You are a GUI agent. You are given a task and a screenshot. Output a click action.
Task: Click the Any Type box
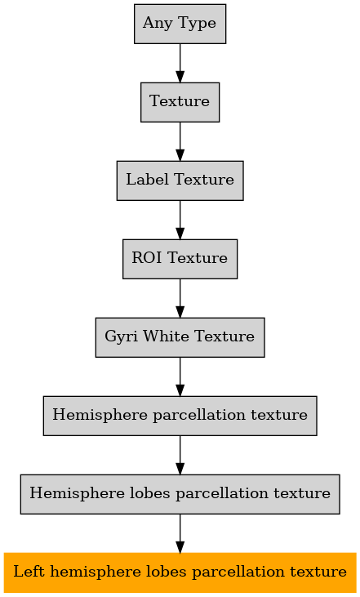tap(180, 24)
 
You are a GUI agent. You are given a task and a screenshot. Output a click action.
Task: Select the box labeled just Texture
tap(180, 102)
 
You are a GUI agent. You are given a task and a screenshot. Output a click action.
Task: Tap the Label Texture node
tap(180, 180)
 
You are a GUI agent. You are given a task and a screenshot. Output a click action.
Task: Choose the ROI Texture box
tap(180, 259)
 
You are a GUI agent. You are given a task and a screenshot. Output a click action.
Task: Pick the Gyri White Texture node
tap(180, 337)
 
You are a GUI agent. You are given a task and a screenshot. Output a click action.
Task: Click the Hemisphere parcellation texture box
tap(180, 416)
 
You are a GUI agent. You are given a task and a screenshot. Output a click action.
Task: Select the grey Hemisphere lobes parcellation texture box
tap(180, 494)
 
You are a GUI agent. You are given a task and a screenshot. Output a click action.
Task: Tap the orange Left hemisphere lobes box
tap(180, 572)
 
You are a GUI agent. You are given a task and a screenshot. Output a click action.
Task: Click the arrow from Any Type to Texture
tap(180, 63)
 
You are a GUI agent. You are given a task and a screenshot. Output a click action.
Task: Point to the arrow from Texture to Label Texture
tap(180, 141)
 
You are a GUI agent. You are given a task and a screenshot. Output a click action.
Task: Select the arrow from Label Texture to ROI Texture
tap(180, 220)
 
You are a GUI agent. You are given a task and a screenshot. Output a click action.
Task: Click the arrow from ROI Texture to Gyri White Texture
tap(180, 299)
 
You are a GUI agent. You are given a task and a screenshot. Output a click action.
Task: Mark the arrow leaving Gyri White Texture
tap(180, 377)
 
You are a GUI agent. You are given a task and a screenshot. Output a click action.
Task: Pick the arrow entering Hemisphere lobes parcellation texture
tap(180, 456)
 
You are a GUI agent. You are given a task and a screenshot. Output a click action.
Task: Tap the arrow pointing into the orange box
tap(180, 534)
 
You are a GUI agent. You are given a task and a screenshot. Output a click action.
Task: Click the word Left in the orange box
tap(29, 572)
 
